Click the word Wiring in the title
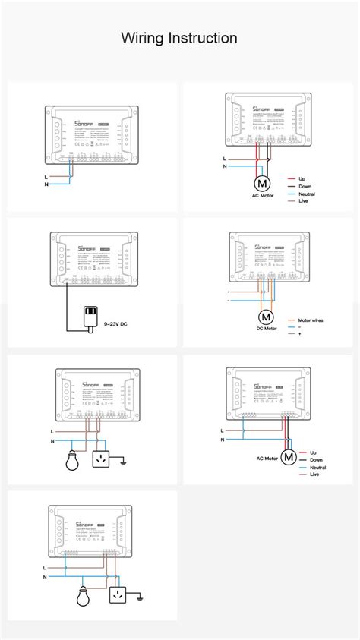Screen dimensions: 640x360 point(143,38)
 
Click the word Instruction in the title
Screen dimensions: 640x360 point(203,38)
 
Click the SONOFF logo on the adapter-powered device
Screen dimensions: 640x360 point(84,248)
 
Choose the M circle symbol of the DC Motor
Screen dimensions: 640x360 point(267,317)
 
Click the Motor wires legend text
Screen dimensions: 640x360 point(311,320)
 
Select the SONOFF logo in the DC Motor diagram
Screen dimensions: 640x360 point(263,247)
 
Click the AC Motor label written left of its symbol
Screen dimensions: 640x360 point(267,459)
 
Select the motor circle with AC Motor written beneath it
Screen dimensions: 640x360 point(261,183)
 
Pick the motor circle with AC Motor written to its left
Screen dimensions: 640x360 point(289,457)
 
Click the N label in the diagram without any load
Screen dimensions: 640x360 point(46,184)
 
